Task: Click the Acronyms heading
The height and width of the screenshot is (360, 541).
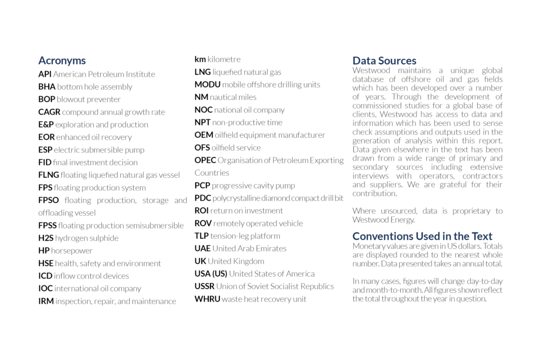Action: (62, 61)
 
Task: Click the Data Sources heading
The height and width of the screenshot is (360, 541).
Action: (384, 61)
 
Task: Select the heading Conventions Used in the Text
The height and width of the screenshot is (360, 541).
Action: (422, 236)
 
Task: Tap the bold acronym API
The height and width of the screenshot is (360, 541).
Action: (44, 74)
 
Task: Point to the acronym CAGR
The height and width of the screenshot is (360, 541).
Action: (49, 112)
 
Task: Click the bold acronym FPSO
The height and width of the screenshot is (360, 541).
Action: (49, 200)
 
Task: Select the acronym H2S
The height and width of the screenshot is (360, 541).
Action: (45, 238)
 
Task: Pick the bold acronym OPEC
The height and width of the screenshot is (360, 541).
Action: (205, 160)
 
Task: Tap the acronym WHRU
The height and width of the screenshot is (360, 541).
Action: (207, 299)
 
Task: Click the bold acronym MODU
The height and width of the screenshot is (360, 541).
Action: (207, 84)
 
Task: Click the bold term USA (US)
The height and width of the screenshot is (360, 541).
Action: (210, 274)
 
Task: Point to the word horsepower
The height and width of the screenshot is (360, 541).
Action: (72, 251)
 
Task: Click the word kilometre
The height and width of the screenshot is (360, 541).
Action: (224, 59)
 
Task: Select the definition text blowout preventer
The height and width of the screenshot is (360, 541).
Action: (89, 99)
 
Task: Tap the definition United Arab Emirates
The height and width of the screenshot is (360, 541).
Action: (249, 249)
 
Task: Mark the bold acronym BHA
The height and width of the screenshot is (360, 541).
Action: (47, 86)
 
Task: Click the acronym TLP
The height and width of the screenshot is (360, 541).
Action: (201, 236)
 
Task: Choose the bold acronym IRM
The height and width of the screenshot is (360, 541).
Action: (45, 301)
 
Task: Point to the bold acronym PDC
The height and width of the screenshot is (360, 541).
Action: (202, 198)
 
